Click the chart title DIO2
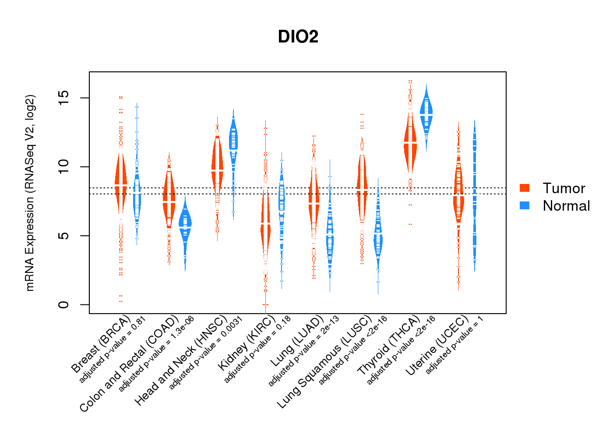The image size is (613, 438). coord(298,37)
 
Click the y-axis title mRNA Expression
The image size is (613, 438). coord(30,193)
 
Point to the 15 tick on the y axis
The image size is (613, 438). coord(64,98)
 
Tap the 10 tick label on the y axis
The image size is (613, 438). coord(64,166)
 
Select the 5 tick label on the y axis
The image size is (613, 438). coord(64,236)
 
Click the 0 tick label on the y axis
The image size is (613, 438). coord(64,304)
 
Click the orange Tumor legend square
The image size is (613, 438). coord(525,188)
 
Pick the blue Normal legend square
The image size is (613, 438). coord(525,205)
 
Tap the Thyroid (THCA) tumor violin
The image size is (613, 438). coord(410,145)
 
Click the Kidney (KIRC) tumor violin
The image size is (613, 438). coord(265,223)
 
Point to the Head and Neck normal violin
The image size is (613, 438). coord(233,140)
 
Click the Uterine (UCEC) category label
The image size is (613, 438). coord(437,346)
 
